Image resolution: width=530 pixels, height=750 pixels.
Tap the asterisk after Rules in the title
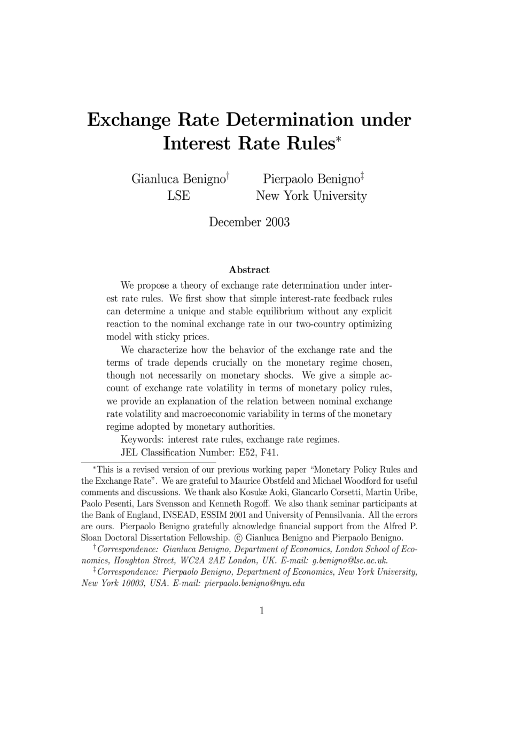click(338, 140)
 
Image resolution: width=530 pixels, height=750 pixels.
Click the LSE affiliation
click(178, 196)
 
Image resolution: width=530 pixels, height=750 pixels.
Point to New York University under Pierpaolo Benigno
click(311, 196)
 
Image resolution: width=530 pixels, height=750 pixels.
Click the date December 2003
click(249, 222)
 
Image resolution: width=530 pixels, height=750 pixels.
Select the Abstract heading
click(249, 269)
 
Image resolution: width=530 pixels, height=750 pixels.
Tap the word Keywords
click(142, 439)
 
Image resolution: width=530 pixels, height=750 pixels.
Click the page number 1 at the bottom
click(262, 610)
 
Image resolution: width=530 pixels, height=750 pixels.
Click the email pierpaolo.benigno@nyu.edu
click(254, 583)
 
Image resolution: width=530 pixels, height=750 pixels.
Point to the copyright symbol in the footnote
click(238, 538)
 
